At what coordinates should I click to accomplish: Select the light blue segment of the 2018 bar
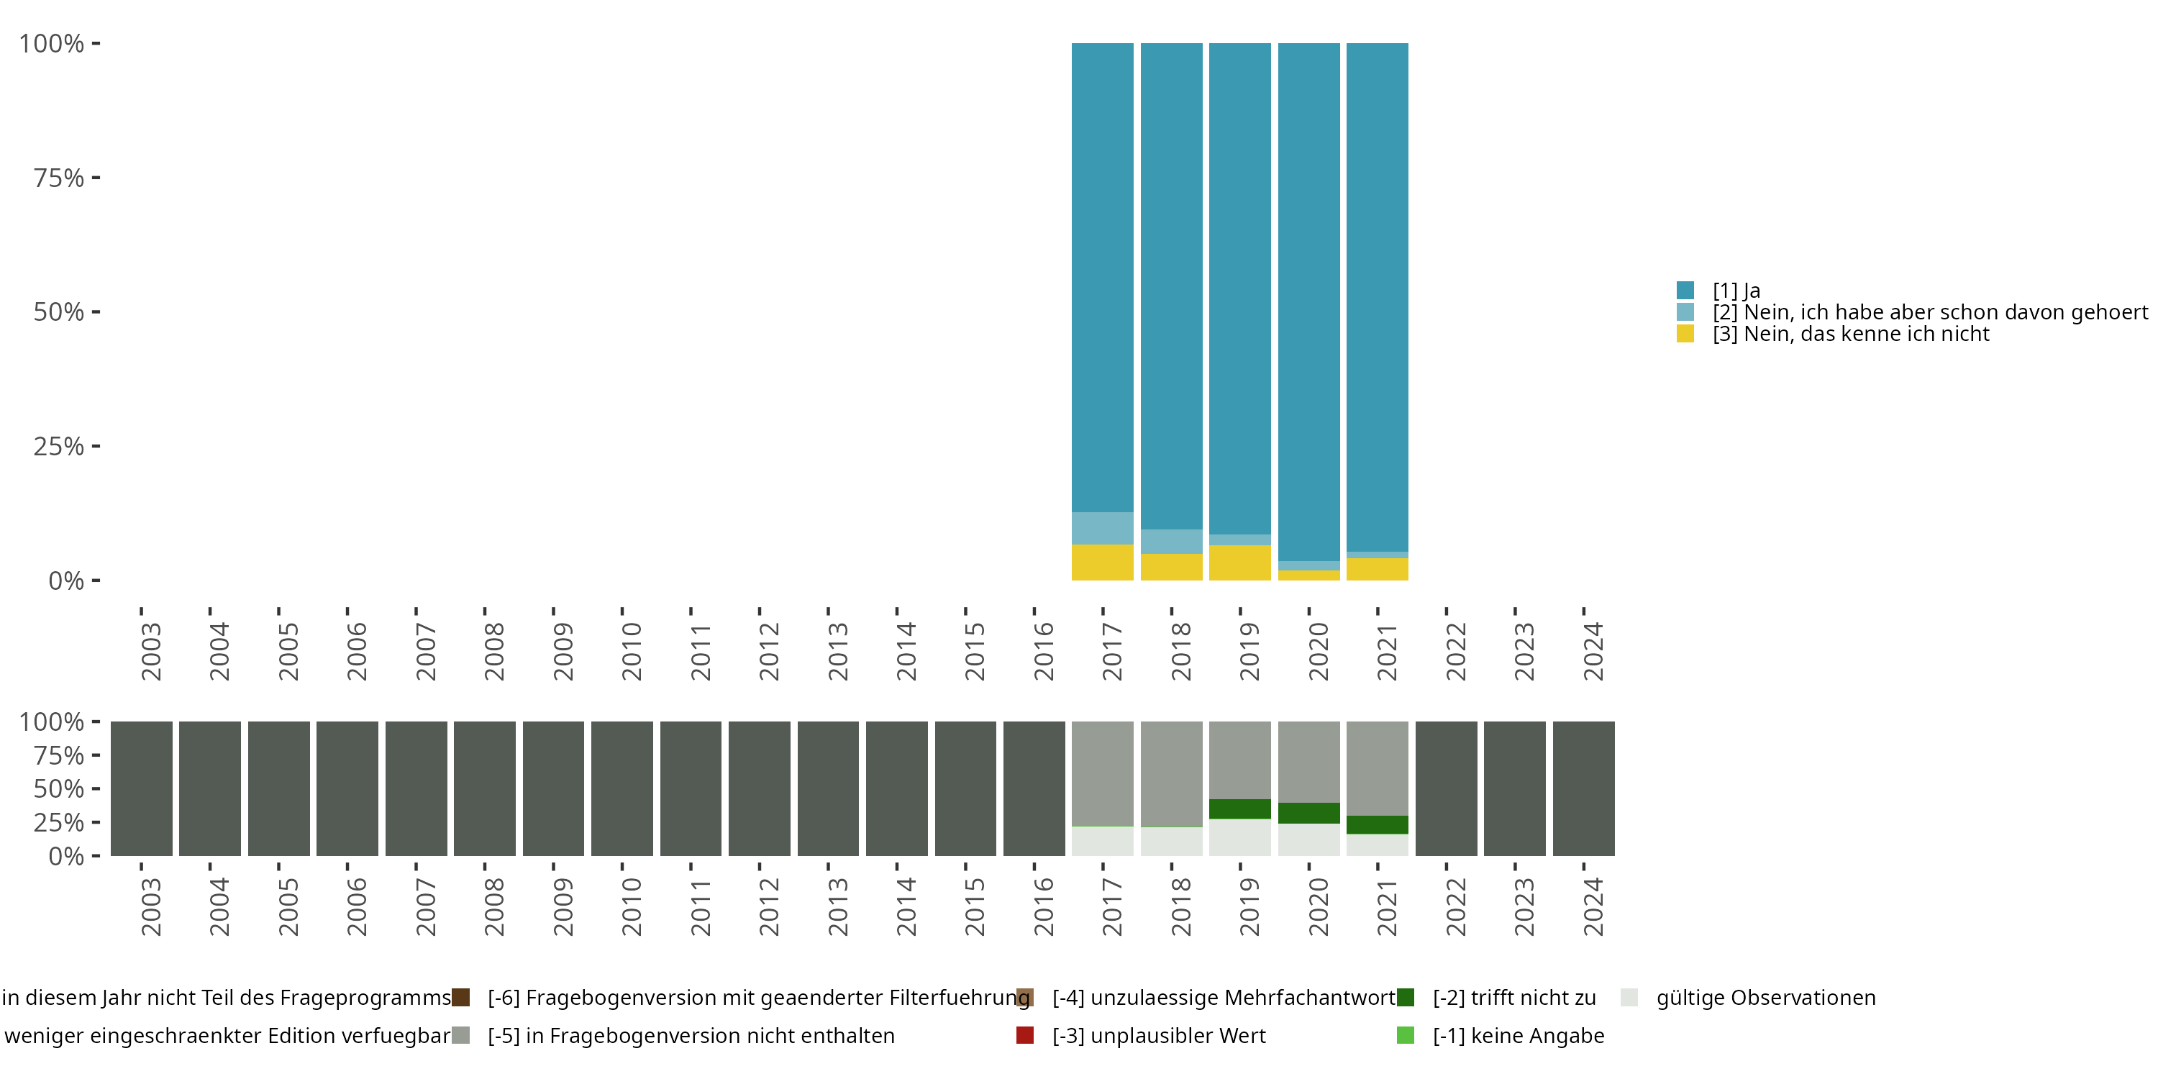click(x=1171, y=541)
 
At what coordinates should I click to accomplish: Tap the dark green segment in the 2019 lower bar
click(x=1240, y=809)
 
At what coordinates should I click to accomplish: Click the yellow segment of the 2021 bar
click(x=1378, y=569)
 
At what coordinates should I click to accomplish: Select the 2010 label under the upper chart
click(x=631, y=651)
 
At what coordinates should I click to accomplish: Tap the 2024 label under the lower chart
click(x=1593, y=906)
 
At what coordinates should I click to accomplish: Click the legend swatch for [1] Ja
click(x=1685, y=291)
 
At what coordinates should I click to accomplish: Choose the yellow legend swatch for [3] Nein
click(x=1685, y=334)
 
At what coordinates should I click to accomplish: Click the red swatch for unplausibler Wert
click(x=1024, y=1035)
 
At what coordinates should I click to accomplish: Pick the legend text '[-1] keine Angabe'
click(x=1518, y=1035)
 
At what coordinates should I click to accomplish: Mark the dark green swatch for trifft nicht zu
click(x=1406, y=997)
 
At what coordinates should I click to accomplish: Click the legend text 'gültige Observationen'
click(x=1766, y=997)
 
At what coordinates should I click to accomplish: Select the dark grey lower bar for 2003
click(x=141, y=788)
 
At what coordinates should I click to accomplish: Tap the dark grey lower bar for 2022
click(x=1446, y=788)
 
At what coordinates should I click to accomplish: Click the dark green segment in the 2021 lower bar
click(x=1378, y=824)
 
